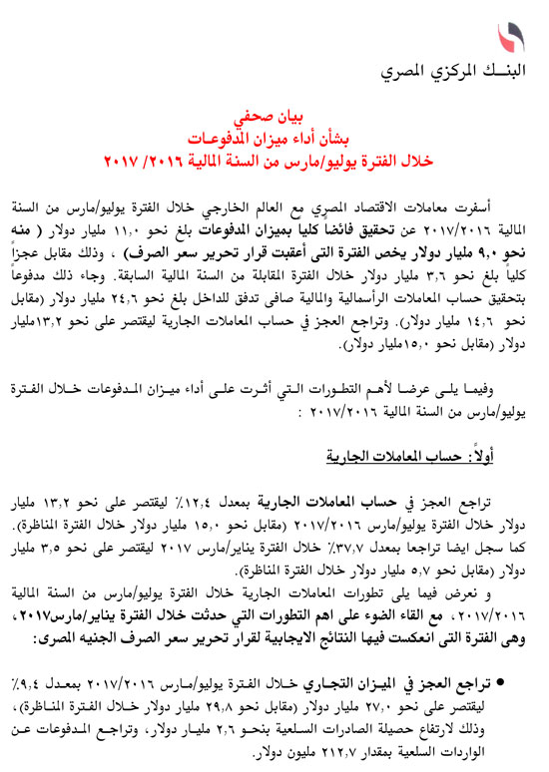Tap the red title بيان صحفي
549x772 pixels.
coord(274,116)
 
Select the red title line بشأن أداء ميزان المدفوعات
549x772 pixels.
coord(274,137)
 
